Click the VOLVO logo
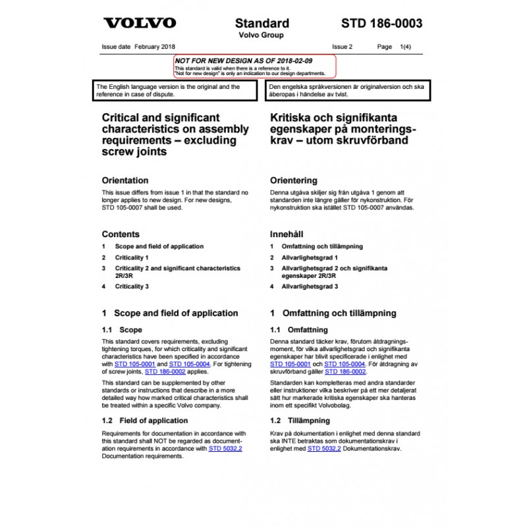point(140,24)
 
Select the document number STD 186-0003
point(381,24)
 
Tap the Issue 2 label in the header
point(343,47)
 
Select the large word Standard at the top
point(262,24)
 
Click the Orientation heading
point(125,180)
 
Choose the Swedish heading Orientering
point(294,180)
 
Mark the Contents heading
point(121,234)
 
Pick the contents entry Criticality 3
point(132,287)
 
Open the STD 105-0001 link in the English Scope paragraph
point(134,364)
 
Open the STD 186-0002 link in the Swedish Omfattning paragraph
point(346,372)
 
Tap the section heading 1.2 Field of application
point(144,420)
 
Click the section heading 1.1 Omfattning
point(298,329)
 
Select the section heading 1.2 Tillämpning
point(298,420)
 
